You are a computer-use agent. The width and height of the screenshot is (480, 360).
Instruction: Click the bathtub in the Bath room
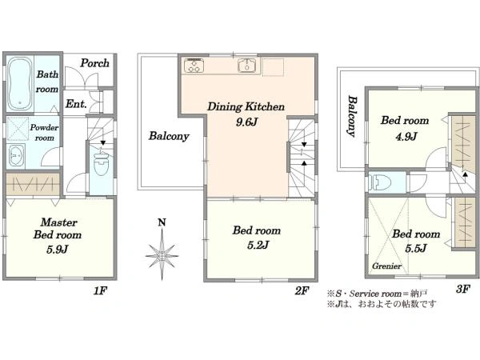(x=19, y=83)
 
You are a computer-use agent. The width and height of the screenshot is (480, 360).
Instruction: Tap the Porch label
(x=94, y=63)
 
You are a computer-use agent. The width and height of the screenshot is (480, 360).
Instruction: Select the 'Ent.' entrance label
(x=76, y=104)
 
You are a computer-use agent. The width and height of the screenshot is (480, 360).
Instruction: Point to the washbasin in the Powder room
(x=16, y=155)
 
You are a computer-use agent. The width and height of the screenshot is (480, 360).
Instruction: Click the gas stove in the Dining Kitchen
(x=194, y=66)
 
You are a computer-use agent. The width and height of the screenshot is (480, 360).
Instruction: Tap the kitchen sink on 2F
(x=246, y=66)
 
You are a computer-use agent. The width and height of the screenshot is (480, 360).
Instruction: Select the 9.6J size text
(x=246, y=122)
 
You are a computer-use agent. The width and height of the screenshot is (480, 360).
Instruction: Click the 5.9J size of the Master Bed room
(x=58, y=250)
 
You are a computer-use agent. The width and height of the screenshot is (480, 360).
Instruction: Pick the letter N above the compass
(x=162, y=222)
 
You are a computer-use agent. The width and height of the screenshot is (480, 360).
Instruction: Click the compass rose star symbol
(x=162, y=254)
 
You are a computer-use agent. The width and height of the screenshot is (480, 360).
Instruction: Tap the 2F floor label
(x=302, y=290)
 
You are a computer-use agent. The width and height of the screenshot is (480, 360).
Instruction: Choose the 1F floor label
(x=100, y=290)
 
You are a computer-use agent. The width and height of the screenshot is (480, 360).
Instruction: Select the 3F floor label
(x=463, y=288)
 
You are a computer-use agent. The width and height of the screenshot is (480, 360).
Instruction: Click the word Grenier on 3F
(x=386, y=266)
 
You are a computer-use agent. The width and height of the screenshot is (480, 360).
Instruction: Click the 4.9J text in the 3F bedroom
(x=406, y=136)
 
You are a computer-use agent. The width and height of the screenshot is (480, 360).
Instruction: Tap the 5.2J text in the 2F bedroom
(x=258, y=245)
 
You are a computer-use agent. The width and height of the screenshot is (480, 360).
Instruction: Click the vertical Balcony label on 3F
(x=352, y=116)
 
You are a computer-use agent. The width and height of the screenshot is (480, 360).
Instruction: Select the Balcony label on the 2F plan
(x=169, y=136)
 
